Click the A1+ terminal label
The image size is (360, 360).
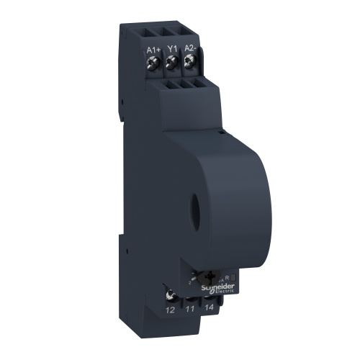[x=153, y=50]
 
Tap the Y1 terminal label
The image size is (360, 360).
[x=171, y=50]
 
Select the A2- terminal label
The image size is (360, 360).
[x=189, y=50]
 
